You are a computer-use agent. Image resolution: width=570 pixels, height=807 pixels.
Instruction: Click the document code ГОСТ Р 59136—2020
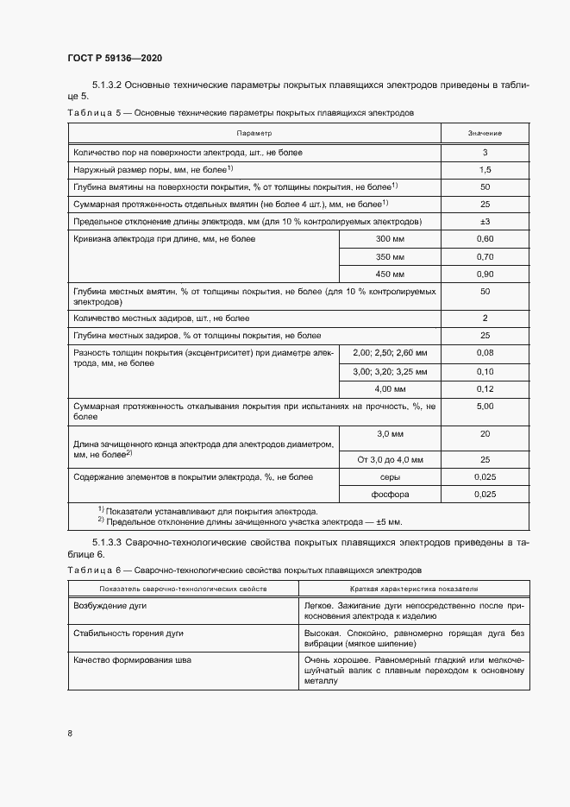tap(115, 58)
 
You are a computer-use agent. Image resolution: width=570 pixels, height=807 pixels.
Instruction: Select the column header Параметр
tap(254, 134)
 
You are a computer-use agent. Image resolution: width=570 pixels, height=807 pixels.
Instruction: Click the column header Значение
tap(485, 134)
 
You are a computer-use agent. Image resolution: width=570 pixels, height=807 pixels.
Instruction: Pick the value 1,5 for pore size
tap(485, 169)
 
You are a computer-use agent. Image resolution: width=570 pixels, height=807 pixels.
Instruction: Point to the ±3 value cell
tap(485, 222)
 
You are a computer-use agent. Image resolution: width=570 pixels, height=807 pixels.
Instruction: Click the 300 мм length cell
tap(391, 238)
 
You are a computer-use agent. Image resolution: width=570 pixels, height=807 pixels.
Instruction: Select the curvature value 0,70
tap(485, 256)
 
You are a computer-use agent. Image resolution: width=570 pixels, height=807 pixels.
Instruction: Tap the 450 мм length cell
tap(391, 274)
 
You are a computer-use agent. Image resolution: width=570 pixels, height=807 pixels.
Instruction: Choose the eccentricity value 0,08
tap(485, 353)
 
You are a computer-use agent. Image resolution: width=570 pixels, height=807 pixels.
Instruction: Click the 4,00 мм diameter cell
tap(391, 388)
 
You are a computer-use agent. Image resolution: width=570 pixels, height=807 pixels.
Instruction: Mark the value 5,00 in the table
tap(485, 406)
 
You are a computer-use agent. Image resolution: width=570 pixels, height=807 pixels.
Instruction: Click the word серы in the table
tap(391, 477)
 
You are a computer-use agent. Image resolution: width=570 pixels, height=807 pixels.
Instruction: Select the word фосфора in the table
tap(391, 495)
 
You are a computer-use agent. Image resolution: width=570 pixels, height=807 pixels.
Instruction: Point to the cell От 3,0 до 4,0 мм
tap(391, 460)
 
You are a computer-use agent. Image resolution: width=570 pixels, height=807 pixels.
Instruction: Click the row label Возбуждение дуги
tap(110, 606)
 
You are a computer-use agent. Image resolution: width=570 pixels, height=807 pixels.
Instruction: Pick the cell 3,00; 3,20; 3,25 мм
tap(391, 371)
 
